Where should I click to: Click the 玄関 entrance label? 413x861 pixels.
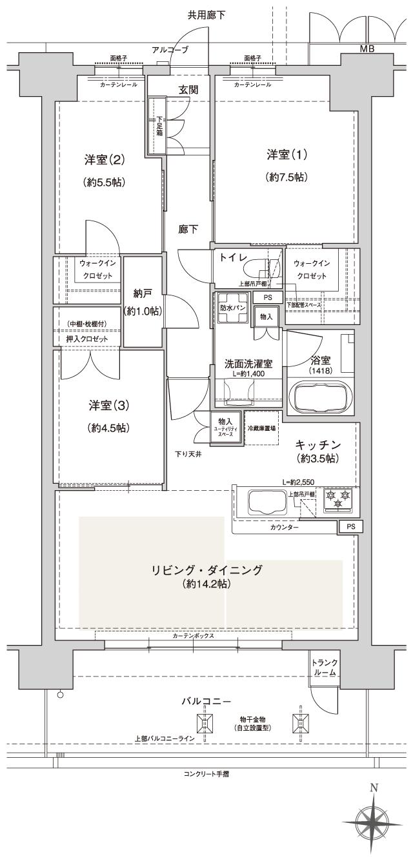point(188,90)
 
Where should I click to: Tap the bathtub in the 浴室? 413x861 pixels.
point(321,395)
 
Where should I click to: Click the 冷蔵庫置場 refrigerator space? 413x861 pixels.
point(261,426)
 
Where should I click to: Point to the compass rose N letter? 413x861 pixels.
point(374,787)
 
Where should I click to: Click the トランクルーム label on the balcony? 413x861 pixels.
point(324,667)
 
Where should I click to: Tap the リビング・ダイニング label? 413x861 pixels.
point(206,570)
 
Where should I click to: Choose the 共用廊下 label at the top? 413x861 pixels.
point(206,15)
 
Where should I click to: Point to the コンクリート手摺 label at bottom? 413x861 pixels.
point(206,773)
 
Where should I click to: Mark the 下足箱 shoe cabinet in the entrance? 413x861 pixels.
point(159,126)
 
